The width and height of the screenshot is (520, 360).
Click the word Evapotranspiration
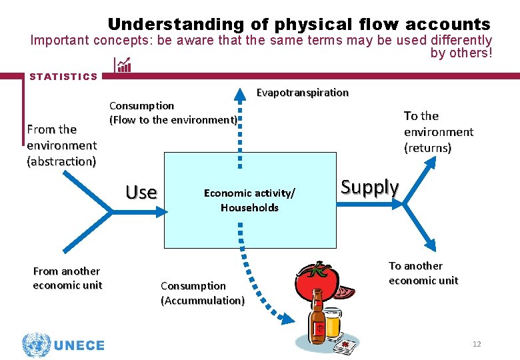coord(303,93)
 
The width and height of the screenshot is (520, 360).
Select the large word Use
coord(141,193)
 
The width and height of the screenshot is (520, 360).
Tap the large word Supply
coord(370,187)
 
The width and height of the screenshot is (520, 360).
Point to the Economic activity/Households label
coord(249,200)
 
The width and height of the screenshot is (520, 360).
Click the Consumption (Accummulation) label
coord(202,293)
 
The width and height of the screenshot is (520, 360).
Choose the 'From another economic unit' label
coord(67,278)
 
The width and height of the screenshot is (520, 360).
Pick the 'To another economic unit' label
coord(423,273)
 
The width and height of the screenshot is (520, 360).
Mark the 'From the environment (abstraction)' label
coord(62,145)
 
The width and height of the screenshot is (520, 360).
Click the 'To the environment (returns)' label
coord(438,131)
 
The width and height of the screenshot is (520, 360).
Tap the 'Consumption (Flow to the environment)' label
coord(173,113)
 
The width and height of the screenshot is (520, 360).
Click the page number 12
coord(476,344)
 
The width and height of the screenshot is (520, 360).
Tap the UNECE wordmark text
coord(79,345)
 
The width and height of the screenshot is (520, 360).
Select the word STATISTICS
coord(63,77)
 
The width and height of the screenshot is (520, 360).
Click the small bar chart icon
coord(123,65)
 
